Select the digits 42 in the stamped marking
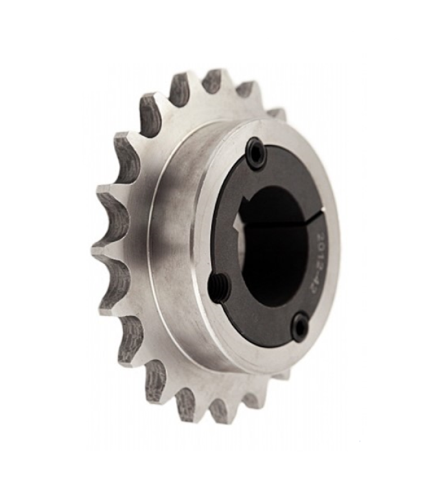[314, 287]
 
